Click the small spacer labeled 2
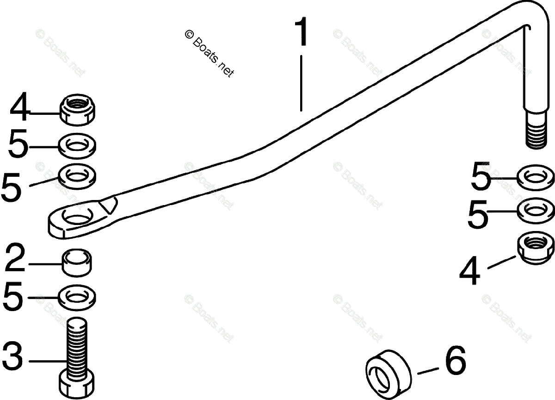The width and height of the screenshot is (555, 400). [x=77, y=262]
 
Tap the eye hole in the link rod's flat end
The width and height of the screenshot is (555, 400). [x=76, y=216]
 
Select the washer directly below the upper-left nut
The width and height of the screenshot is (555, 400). [x=77, y=146]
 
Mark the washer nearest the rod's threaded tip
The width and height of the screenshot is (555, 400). [x=535, y=177]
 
